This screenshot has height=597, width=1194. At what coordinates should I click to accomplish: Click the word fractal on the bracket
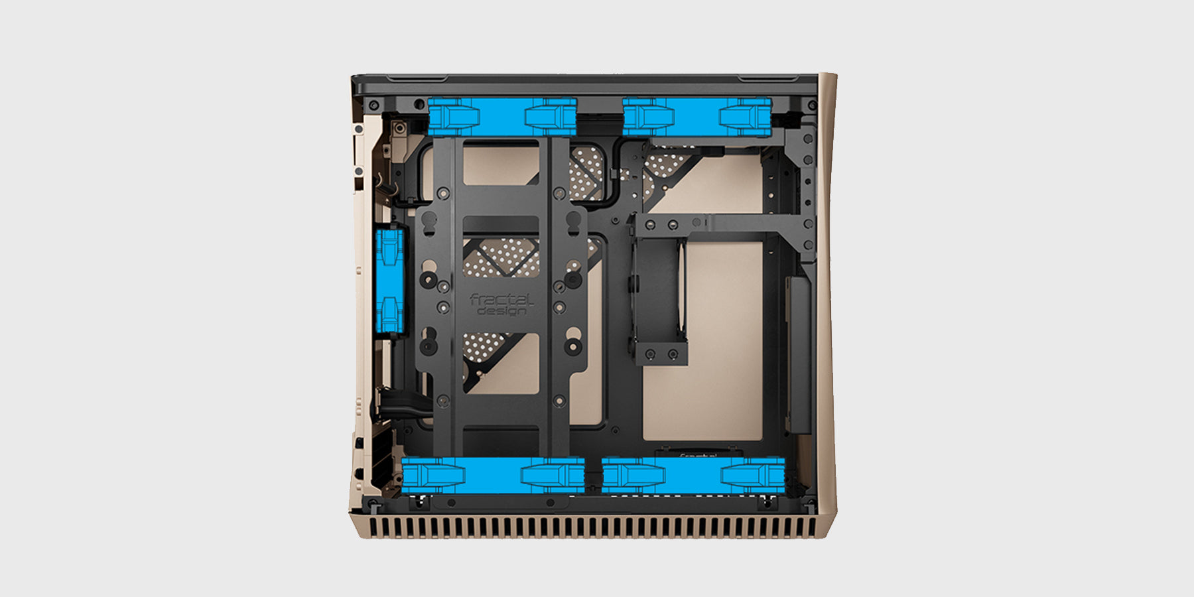501,300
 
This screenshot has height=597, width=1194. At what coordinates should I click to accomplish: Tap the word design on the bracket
502,310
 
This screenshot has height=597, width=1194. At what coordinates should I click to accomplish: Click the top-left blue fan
502,117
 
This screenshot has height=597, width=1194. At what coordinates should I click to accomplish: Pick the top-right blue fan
697,117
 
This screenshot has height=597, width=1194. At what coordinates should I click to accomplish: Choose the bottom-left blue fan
493,475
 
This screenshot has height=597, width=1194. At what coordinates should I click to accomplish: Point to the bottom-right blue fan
693,475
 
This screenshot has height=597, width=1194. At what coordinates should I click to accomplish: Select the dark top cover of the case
584,85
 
